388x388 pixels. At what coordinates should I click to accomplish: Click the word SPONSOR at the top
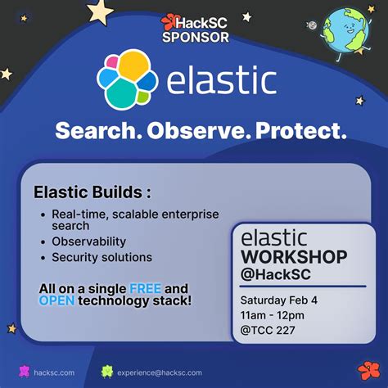click(x=195, y=36)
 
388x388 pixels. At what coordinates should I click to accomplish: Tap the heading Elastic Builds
click(x=92, y=193)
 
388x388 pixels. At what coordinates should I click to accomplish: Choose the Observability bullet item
click(x=88, y=241)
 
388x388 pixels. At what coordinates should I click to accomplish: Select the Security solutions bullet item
click(x=102, y=257)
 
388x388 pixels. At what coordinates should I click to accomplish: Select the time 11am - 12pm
click(x=274, y=314)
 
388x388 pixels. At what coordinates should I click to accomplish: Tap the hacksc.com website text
click(x=55, y=372)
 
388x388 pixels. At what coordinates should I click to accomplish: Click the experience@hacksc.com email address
click(x=160, y=372)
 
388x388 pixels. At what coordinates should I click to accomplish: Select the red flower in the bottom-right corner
click(x=368, y=371)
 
